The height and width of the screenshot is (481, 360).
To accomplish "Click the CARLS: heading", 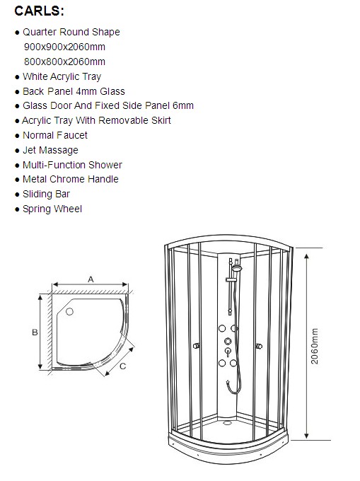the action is click(x=39, y=11).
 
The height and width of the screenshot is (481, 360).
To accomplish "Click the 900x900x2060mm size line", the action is click(x=64, y=47).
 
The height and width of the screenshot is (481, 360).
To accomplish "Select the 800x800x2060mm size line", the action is click(x=64, y=62).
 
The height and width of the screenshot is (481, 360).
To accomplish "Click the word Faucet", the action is click(x=71, y=135).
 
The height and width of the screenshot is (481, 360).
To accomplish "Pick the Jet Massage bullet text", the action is click(x=50, y=150).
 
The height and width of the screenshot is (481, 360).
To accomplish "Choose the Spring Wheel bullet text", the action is click(x=52, y=209).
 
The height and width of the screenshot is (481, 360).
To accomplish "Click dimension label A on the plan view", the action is click(x=91, y=279).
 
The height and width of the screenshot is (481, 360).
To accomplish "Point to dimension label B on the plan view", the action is click(x=35, y=332).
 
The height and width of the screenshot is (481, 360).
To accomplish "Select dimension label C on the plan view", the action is click(x=122, y=366).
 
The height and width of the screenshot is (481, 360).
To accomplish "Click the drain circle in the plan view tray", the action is click(x=69, y=312).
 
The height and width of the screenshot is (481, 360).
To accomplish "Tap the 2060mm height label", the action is click(x=315, y=346).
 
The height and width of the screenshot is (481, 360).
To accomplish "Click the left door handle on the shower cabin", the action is click(x=196, y=346).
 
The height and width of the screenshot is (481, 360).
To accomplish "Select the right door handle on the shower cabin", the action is click(x=259, y=347).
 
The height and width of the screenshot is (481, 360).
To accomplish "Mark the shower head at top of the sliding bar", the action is click(x=237, y=268).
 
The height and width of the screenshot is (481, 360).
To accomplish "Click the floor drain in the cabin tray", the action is click(x=227, y=423).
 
